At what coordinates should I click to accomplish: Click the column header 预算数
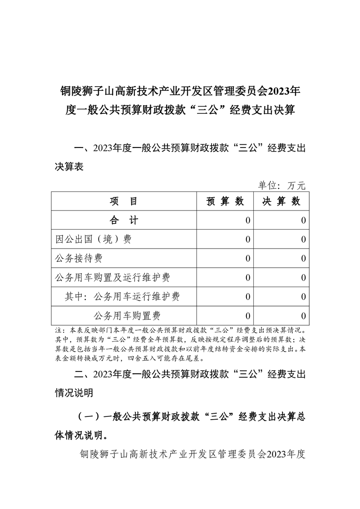pyautogui.click(x=225, y=201)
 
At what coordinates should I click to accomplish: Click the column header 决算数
pyautogui.click(x=281, y=201)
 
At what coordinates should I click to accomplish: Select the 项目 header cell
pyautogui.click(x=123, y=201)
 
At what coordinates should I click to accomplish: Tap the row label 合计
pyautogui.click(x=123, y=220)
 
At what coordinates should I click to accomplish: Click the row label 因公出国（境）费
pyautogui.click(x=93, y=240)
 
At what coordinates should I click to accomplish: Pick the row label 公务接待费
pyautogui.click(x=79, y=259)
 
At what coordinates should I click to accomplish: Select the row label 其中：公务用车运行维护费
pyautogui.click(x=122, y=297)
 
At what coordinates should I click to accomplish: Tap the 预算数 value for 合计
pyautogui.click(x=247, y=220)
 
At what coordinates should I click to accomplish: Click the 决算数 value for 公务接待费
pyautogui.click(x=303, y=259)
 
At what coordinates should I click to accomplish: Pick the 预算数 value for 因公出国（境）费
pyautogui.click(x=247, y=240)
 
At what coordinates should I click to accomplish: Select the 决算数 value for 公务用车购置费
pyautogui.click(x=303, y=316)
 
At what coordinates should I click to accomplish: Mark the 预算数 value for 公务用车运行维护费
pyautogui.click(x=247, y=297)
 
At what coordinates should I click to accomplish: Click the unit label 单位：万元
pyautogui.click(x=282, y=185)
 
